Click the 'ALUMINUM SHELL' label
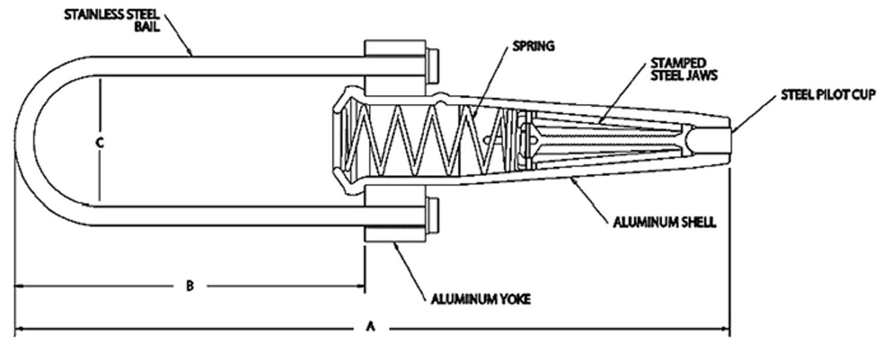click(x=672, y=222)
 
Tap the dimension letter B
click(x=190, y=285)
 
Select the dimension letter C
click(x=99, y=144)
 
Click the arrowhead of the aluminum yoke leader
click(x=396, y=243)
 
